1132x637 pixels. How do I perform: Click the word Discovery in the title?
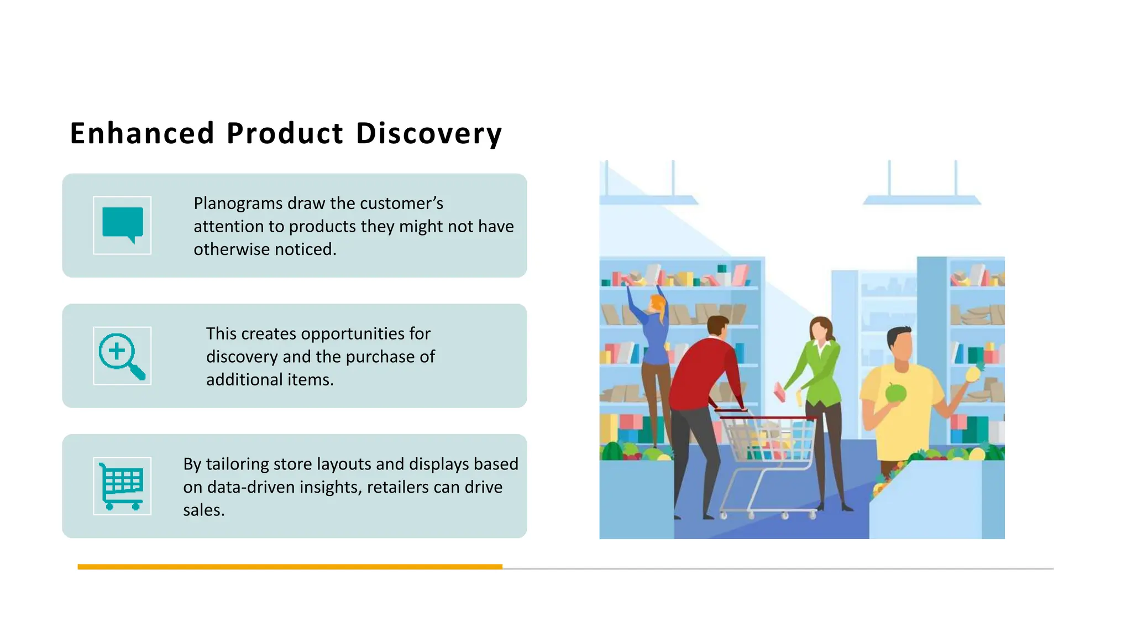click(428, 134)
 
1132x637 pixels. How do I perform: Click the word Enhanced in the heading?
click(142, 134)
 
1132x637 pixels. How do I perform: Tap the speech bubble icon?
click(122, 224)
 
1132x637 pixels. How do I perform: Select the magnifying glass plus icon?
click(122, 356)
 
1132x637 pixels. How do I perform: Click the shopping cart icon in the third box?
click(122, 486)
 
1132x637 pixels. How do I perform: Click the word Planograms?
click(238, 203)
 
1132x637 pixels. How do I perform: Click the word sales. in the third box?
click(203, 510)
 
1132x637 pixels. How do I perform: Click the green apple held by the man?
click(895, 393)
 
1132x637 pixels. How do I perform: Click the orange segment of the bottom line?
click(290, 567)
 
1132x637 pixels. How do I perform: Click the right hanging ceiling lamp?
click(921, 200)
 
